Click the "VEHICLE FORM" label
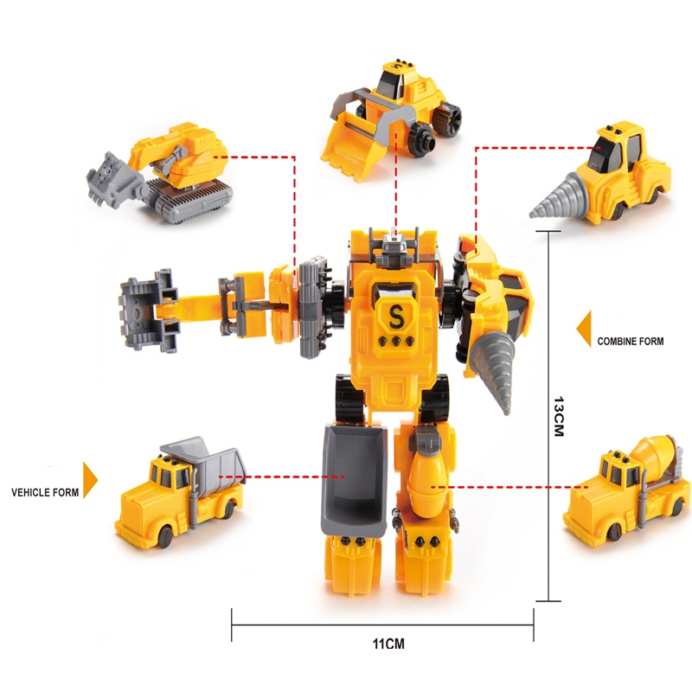coord(45,492)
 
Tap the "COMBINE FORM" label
coord(631,341)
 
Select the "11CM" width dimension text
coord(388,644)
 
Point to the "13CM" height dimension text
coord(559,416)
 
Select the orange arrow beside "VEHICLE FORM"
coord(90,480)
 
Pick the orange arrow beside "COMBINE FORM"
coord(584,329)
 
